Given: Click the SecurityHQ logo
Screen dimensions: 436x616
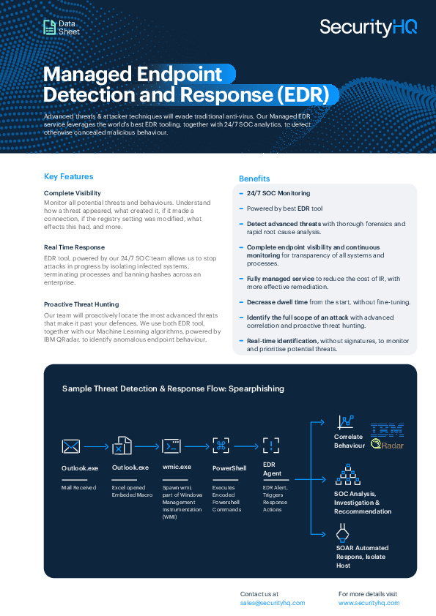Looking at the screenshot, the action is coord(369,28).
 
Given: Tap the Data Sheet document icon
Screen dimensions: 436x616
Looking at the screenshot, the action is coord(50,27).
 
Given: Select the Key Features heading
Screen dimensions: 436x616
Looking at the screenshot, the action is coord(68,177).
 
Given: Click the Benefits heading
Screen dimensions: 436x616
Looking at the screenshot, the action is coord(254,179).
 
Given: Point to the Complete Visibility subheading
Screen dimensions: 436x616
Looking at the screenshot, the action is coord(73,193).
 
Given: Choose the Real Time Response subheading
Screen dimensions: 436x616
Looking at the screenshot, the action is coord(74,247).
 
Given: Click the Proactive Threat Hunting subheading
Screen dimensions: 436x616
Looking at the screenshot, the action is coord(81,304).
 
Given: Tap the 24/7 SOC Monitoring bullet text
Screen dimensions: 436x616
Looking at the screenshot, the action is coord(278,193).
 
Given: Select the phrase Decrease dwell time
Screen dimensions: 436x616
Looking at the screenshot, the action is coord(277,302).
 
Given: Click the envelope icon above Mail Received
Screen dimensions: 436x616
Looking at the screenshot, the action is coord(71,447).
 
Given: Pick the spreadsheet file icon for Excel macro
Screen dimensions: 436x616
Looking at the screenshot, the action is coord(122,446).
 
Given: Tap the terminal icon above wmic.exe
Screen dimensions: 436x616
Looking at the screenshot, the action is coord(171,446).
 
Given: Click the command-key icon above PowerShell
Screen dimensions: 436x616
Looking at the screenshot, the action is coord(221,446).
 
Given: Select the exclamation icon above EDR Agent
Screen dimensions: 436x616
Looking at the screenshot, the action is coord(271,446).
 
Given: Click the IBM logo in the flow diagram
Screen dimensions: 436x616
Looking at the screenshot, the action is coord(387,430).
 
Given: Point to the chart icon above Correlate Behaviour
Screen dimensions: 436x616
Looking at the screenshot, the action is coord(345,422).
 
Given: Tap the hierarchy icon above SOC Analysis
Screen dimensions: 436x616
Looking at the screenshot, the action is coord(348,474).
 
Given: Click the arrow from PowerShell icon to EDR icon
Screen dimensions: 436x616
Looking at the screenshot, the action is coord(246,446).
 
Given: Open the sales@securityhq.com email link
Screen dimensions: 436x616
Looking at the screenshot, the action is coord(273,603).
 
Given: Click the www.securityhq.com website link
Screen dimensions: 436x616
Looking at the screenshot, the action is coord(369,603).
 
